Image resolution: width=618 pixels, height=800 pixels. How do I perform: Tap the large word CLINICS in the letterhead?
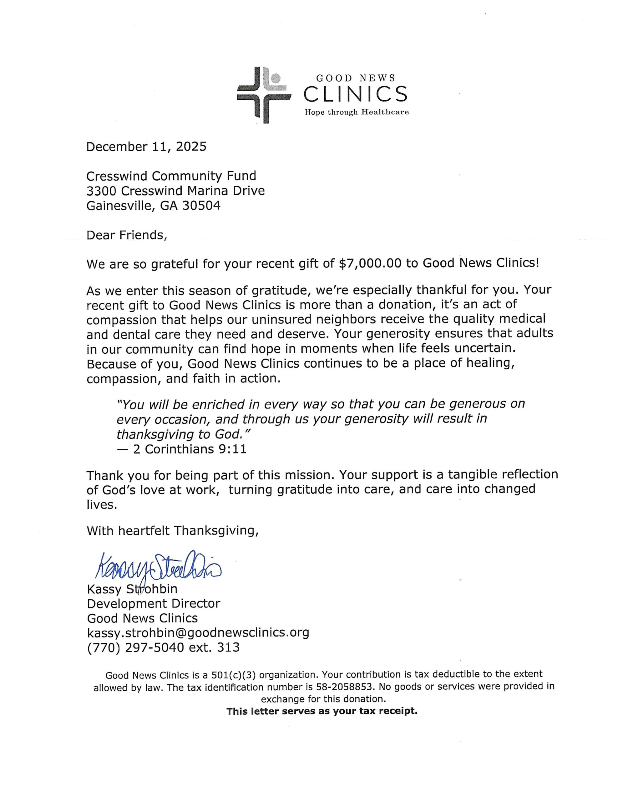(x=355, y=94)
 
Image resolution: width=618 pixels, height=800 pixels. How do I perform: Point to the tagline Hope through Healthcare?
(x=357, y=112)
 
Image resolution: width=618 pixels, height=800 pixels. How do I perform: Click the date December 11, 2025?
(x=146, y=147)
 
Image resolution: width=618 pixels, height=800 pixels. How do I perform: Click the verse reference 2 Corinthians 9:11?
(x=190, y=449)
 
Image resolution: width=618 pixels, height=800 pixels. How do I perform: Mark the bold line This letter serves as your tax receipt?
(x=322, y=711)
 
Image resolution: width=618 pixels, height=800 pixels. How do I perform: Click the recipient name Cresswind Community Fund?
(x=171, y=176)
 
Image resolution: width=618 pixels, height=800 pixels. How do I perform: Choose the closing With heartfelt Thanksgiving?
(x=173, y=530)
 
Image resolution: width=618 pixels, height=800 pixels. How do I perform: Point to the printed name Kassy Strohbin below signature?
(x=132, y=589)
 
